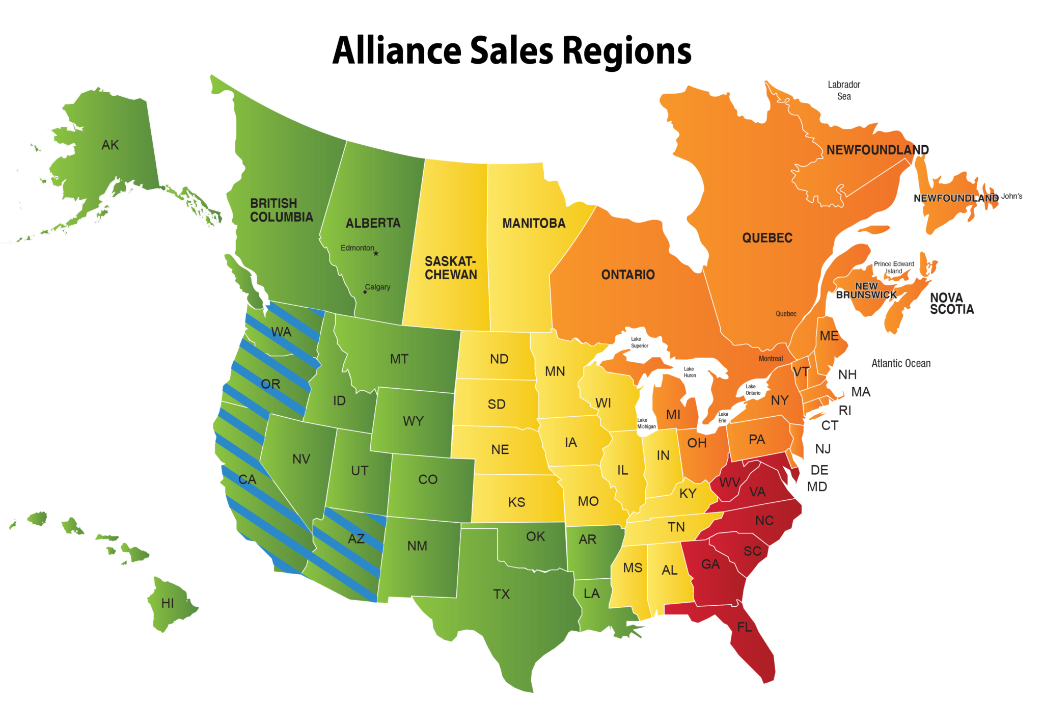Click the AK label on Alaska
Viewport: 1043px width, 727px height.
(x=110, y=145)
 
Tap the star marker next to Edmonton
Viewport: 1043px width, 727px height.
(x=376, y=253)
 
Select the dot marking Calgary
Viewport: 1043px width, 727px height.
(x=365, y=292)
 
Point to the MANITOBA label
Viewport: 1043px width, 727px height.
(x=534, y=223)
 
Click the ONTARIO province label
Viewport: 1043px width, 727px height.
(x=628, y=275)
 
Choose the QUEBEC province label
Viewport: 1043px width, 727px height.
(x=767, y=238)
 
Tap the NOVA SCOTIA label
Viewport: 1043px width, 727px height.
(x=952, y=304)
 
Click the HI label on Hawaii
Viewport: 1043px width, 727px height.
(x=168, y=604)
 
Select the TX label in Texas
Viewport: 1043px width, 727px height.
(x=501, y=594)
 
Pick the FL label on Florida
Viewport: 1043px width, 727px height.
(x=744, y=627)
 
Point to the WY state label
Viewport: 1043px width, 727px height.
(x=413, y=421)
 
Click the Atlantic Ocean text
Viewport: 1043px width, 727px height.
(x=901, y=363)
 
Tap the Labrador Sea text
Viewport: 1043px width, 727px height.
(x=844, y=90)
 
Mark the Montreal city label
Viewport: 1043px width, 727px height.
(x=771, y=359)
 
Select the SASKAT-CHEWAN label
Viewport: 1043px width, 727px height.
(x=451, y=268)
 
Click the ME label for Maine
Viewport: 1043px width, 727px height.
(x=829, y=336)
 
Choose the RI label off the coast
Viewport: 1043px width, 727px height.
(x=845, y=410)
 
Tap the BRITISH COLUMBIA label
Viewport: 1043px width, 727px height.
(x=281, y=210)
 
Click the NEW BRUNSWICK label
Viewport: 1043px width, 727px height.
(x=866, y=290)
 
